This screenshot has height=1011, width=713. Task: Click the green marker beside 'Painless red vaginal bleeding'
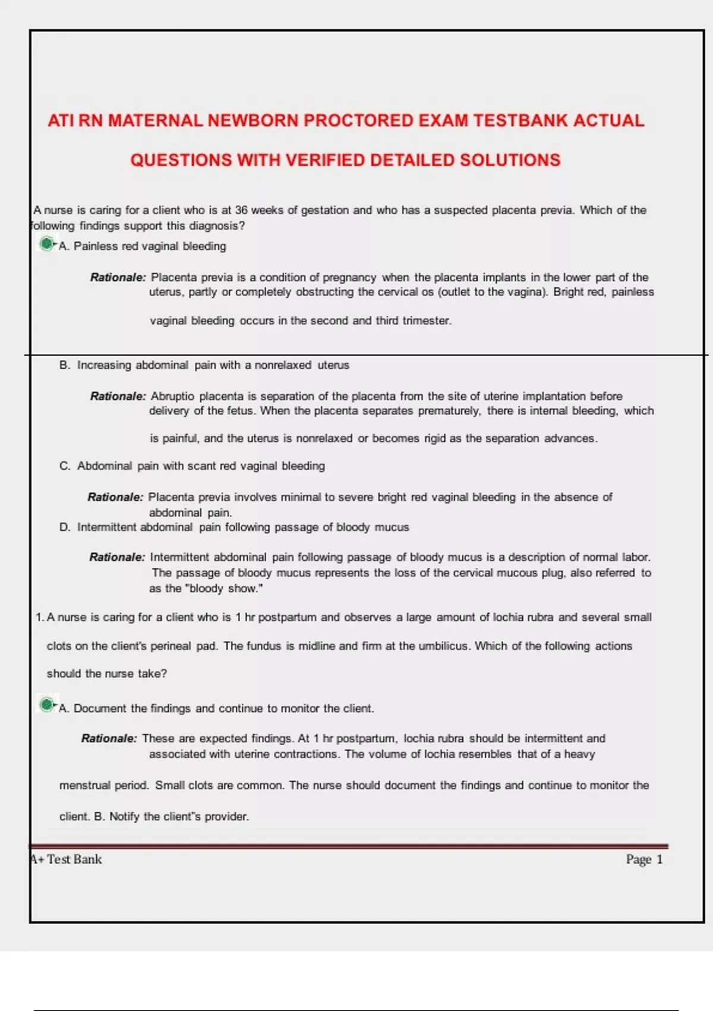click(x=46, y=243)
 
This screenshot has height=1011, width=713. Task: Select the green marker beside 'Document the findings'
click(x=46, y=705)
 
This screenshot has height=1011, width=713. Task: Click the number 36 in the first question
click(x=241, y=210)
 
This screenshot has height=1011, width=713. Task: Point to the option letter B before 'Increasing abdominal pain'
click(x=64, y=365)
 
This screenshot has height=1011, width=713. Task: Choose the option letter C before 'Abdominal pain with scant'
click(x=64, y=466)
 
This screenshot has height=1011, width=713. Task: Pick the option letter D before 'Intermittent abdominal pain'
click(x=64, y=528)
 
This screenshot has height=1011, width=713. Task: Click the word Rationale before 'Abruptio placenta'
click(x=118, y=396)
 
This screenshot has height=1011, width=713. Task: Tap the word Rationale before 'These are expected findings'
click(x=109, y=739)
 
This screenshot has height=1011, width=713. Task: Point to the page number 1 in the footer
click(x=659, y=859)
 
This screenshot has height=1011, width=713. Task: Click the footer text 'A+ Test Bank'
click(x=67, y=859)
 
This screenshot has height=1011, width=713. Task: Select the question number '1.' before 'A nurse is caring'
click(x=39, y=617)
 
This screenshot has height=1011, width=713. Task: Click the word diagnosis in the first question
click(x=213, y=226)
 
